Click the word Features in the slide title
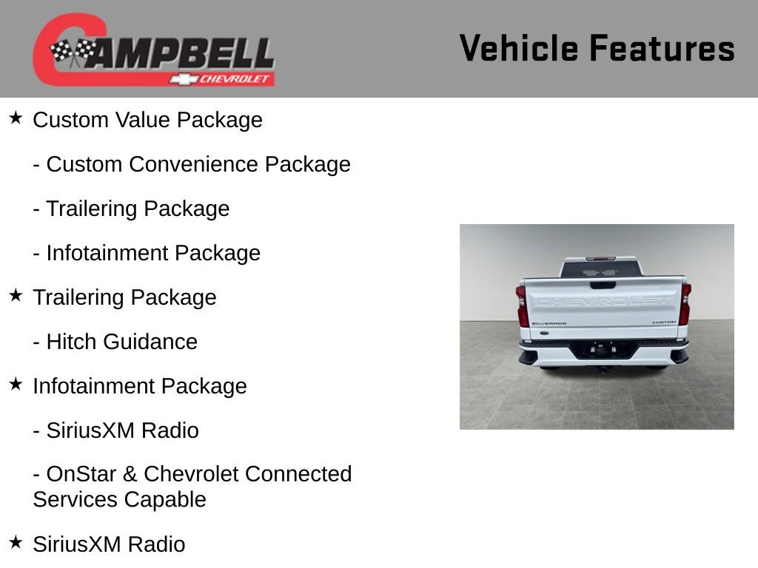click(x=662, y=49)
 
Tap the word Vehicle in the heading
click(x=518, y=49)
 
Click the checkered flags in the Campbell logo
click(x=73, y=53)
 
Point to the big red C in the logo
click(x=59, y=48)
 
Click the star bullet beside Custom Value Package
click(x=16, y=118)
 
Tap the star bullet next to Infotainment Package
click(x=16, y=384)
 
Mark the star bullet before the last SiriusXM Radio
click(x=16, y=542)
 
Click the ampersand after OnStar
click(x=131, y=473)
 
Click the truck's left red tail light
click(x=523, y=305)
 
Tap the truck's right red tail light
click(x=685, y=304)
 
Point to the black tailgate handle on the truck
click(x=603, y=285)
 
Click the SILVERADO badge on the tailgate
click(x=549, y=323)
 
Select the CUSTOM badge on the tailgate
click(x=664, y=322)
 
